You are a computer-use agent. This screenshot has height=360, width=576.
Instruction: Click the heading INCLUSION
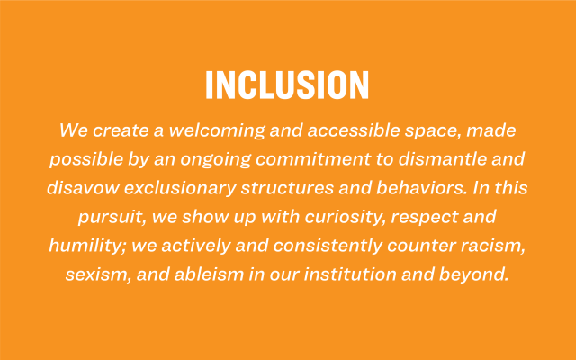tap(287, 85)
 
